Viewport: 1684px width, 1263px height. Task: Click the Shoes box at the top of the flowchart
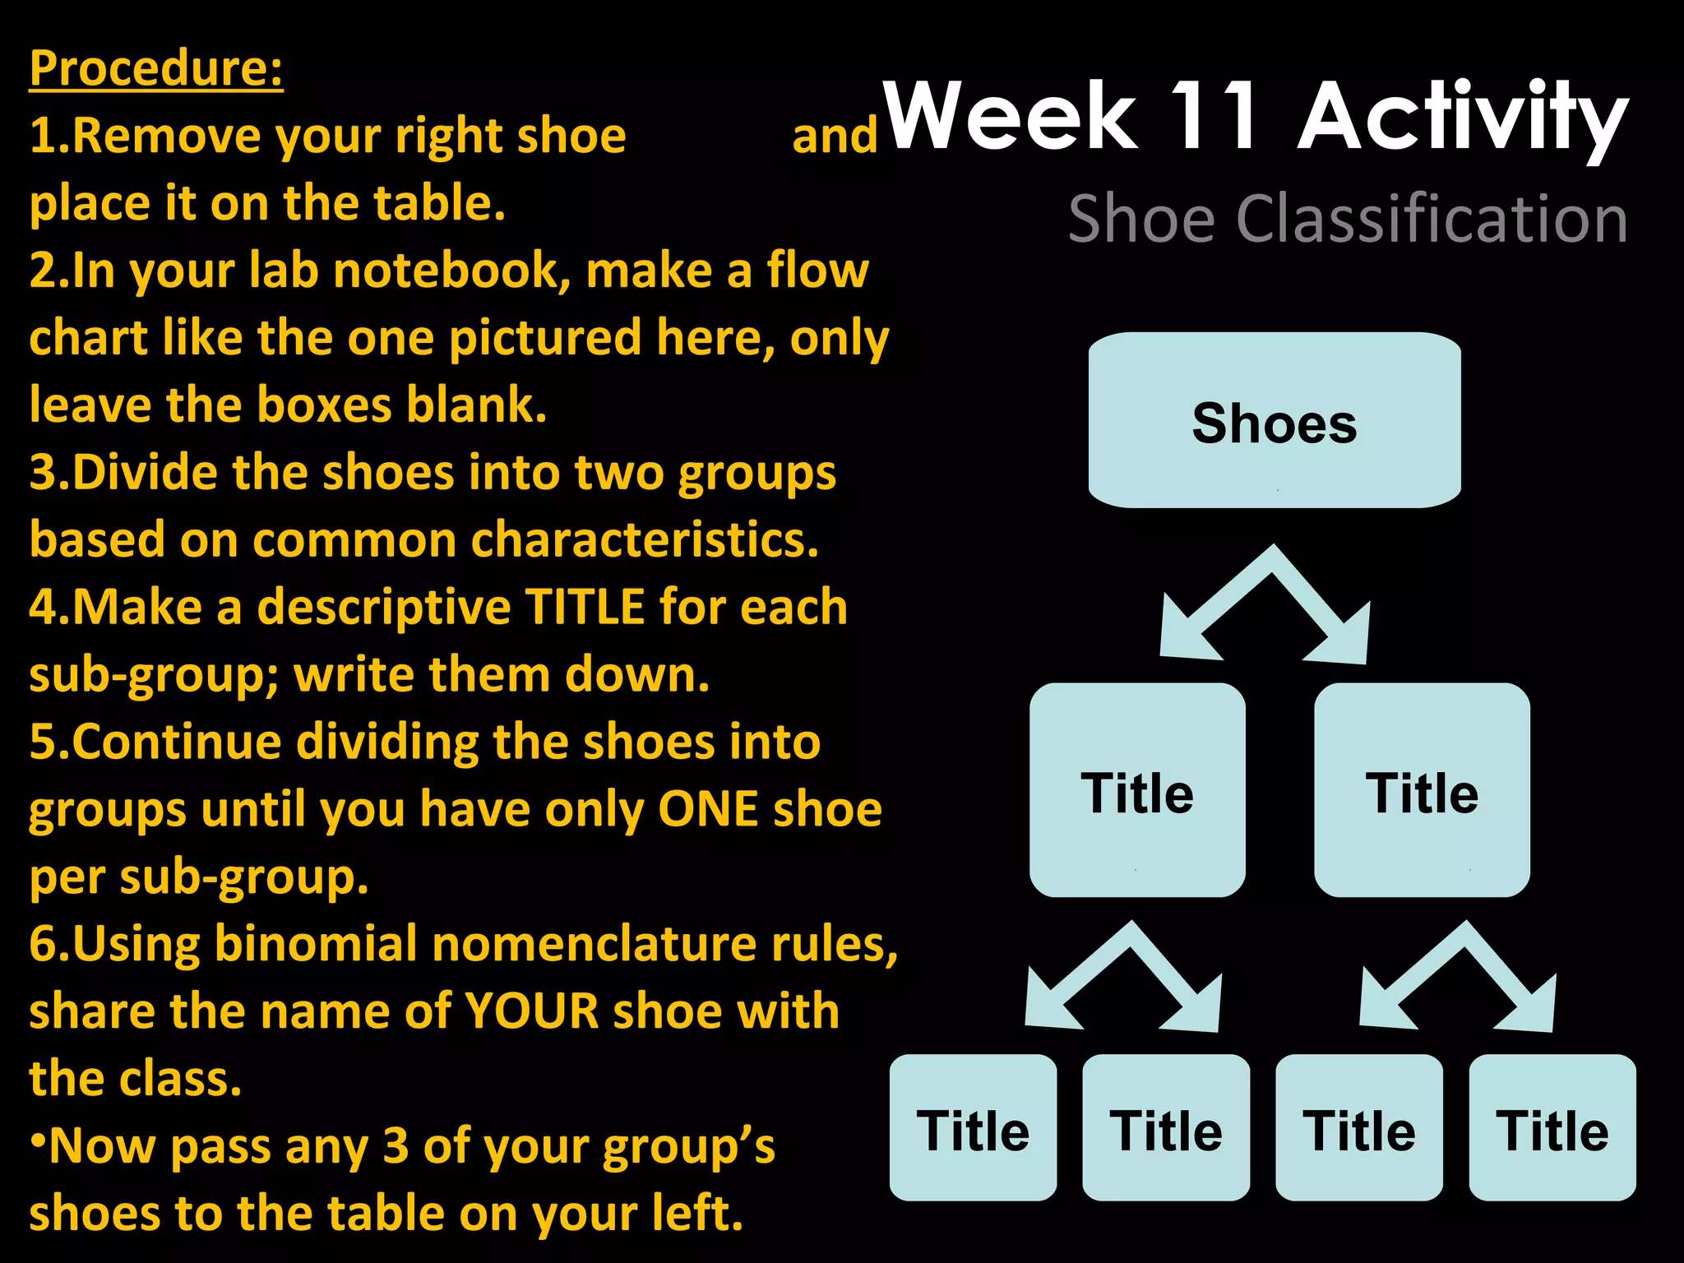[x=1275, y=421]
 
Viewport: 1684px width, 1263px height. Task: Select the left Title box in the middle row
[x=1137, y=791]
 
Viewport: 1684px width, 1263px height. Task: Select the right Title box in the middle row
[x=1422, y=791]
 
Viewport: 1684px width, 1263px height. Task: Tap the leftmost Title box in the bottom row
[x=973, y=1128]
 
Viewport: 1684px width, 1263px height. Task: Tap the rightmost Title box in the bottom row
[x=1552, y=1128]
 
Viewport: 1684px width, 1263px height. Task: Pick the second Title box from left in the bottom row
[x=1166, y=1128]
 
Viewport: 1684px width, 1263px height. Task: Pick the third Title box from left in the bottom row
[x=1359, y=1128]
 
